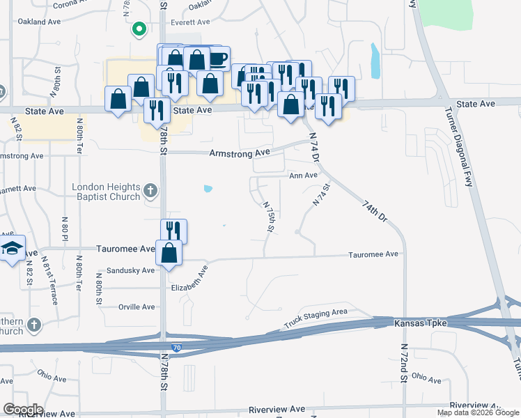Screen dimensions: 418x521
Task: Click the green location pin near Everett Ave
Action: (139, 29)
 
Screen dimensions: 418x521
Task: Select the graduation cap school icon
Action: (12, 249)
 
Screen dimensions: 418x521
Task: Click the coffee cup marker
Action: (217, 59)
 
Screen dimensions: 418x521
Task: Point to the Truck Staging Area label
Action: (316, 319)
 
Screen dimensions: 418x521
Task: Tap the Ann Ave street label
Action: (304, 176)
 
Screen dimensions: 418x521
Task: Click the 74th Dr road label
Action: (374, 210)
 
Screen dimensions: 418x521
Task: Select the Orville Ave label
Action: (137, 307)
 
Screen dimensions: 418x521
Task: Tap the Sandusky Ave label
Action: (131, 270)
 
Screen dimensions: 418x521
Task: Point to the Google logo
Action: (23, 410)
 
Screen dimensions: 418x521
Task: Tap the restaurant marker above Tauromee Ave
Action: (173, 232)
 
